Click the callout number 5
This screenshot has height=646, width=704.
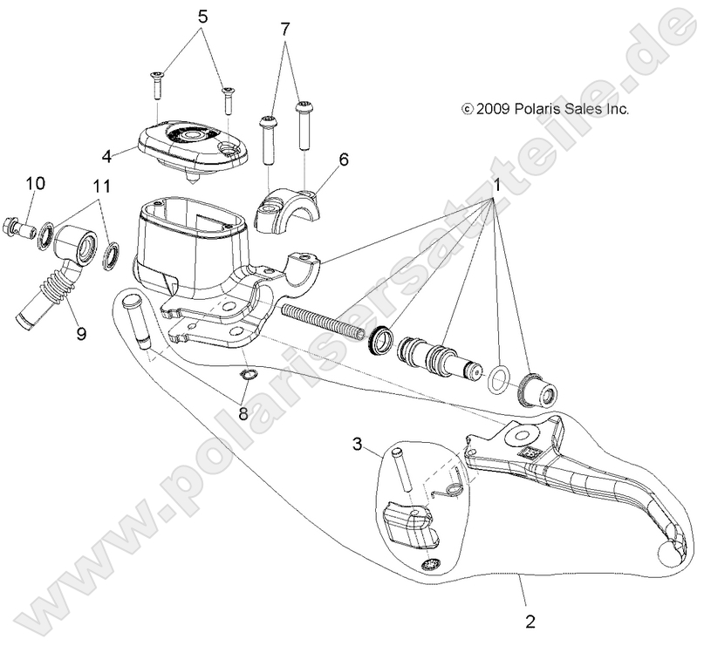pyautogui.click(x=202, y=16)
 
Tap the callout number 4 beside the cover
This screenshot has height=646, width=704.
pyautogui.click(x=106, y=157)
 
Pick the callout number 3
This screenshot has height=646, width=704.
pyautogui.click(x=357, y=445)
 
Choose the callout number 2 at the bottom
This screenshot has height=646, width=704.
pyautogui.click(x=530, y=622)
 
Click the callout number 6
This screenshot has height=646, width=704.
pyautogui.click(x=343, y=159)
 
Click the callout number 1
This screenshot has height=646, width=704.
pyautogui.click(x=497, y=186)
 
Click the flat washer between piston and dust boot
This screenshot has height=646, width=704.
pyautogui.click(x=497, y=377)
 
